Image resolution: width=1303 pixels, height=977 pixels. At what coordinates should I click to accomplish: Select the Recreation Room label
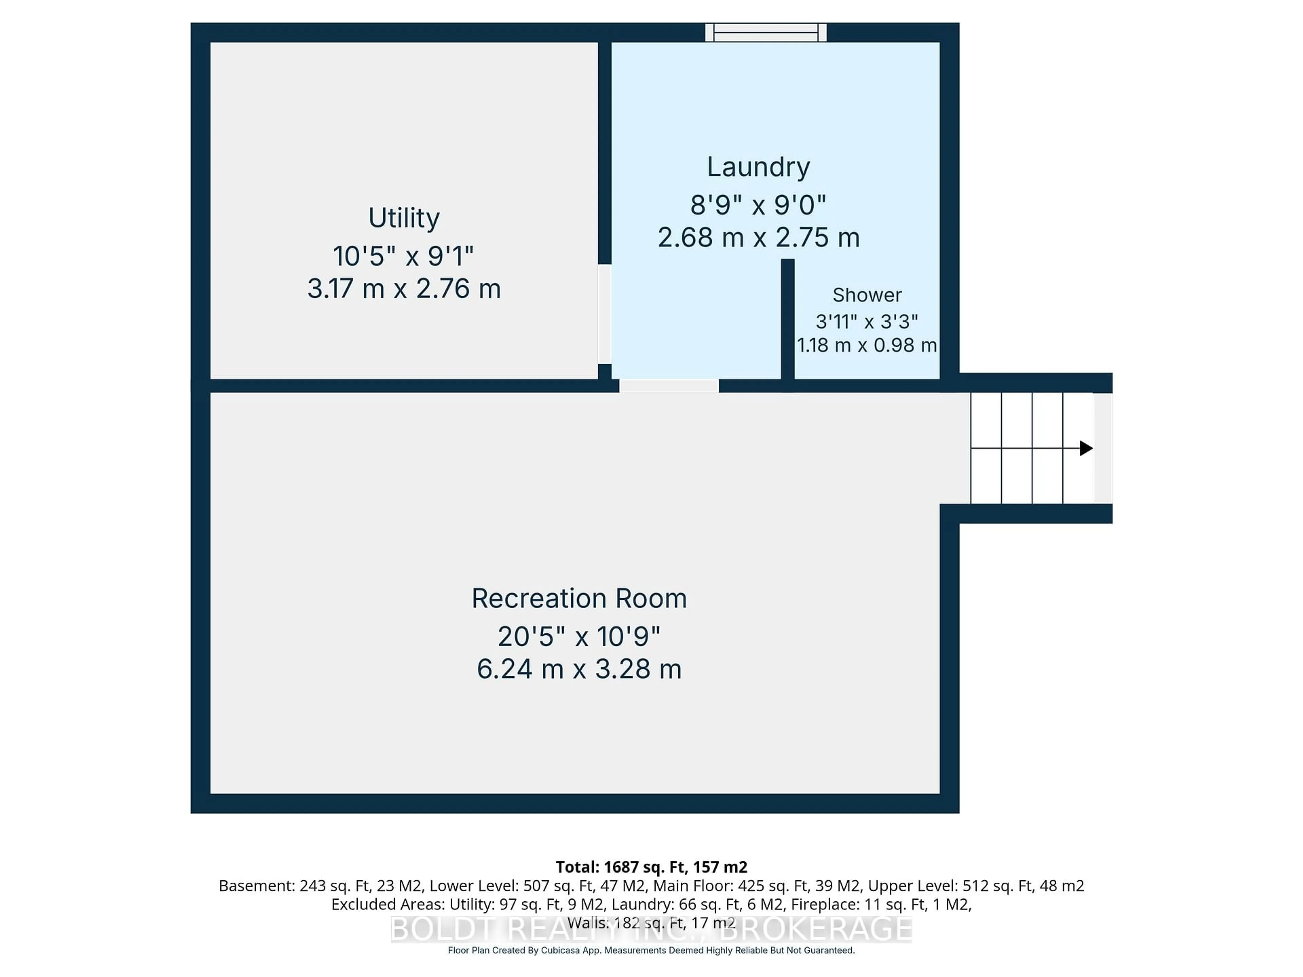(x=579, y=598)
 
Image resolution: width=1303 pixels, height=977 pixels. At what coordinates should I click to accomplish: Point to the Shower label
(x=867, y=295)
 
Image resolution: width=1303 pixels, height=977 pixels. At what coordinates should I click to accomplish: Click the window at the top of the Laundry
(x=766, y=33)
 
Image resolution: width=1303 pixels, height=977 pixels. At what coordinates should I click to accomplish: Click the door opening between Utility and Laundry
(x=604, y=314)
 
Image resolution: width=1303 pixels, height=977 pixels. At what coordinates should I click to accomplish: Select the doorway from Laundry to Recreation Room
(x=668, y=386)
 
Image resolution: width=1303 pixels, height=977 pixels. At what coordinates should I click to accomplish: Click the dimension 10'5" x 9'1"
(x=403, y=256)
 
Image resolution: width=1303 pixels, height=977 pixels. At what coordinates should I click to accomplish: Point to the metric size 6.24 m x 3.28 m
(x=579, y=669)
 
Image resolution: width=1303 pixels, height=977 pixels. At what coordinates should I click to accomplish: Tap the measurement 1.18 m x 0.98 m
(x=867, y=345)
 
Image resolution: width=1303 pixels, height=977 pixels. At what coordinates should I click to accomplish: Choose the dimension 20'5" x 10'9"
(x=579, y=637)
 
